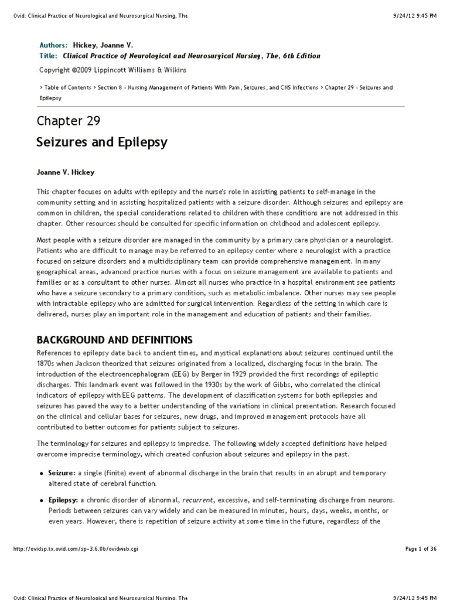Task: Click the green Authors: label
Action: pos(53,45)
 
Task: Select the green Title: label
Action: pos(48,56)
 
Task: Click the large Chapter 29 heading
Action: pos(69,121)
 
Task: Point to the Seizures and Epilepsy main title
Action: pos(102,142)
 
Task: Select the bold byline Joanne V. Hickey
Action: pos(66,172)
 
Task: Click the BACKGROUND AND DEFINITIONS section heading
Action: pos(114,340)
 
